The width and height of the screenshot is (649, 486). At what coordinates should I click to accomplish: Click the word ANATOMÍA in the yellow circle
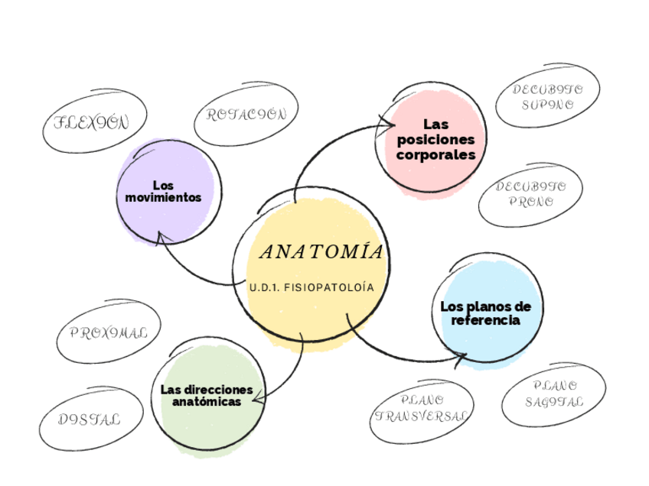coord(321,252)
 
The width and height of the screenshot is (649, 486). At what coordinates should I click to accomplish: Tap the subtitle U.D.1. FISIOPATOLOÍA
coord(311,288)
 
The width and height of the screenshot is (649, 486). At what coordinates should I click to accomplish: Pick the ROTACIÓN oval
coord(246,115)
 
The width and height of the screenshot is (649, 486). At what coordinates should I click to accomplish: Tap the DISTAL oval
coord(90,420)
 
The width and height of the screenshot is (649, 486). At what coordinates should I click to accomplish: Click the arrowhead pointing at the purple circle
coord(160,237)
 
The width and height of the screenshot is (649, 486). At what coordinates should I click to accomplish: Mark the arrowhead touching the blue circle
coord(461,356)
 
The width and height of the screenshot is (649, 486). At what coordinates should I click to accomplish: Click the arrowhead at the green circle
coord(257,397)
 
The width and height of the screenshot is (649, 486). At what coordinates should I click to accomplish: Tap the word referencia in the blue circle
coord(485,320)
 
